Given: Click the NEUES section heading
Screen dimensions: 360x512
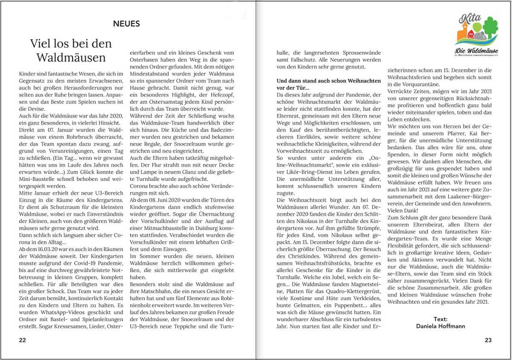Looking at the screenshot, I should pyautogui.click(x=126, y=24).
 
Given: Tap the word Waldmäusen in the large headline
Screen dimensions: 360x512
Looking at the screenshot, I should pyautogui.click(x=71, y=57).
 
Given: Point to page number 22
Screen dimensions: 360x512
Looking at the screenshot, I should pyautogui.click(x=22, y=340).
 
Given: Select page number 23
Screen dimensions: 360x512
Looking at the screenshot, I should pyautogui.click(x=488, y=340).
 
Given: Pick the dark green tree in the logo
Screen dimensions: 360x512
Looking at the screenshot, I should pyautogui.click(x=490, y=26).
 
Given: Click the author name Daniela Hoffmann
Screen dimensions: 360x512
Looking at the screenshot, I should pyautogui.click(x=440, y=326).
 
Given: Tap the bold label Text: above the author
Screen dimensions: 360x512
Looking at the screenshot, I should pyautogui.click(x=440, y=319).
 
